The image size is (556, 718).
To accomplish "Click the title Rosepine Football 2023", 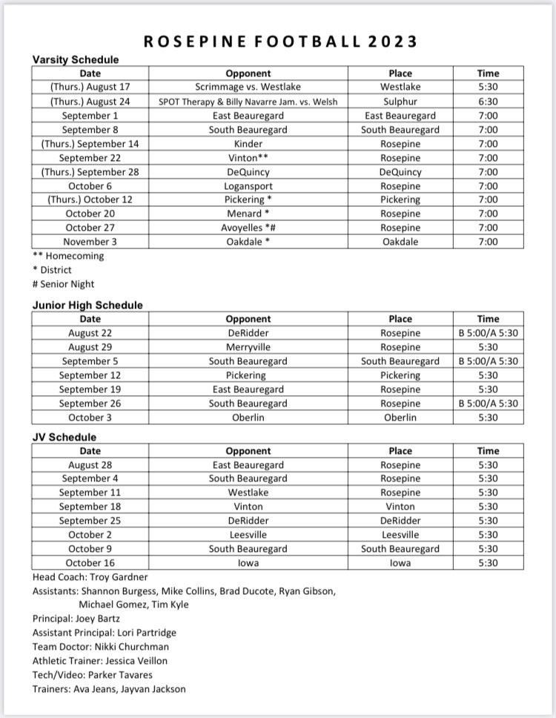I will coord(279,41).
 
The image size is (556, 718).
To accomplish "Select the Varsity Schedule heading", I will coord(75,59).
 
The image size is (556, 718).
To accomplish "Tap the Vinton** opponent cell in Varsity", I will coord(248,158).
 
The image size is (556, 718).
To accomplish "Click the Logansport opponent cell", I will coord(248,186).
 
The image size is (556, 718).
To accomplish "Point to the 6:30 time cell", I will coord(488,102).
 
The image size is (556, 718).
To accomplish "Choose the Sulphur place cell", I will coord(400,102).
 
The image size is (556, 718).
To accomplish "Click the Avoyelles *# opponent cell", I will coord(248,228).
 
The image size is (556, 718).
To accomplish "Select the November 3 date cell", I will coord(90,242).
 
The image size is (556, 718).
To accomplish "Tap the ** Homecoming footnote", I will coord(68,256).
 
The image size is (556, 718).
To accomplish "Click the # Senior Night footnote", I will coord(64,284).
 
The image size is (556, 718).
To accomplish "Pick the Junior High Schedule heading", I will coord(87,305).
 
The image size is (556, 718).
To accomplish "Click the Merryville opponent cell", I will coord(248,347).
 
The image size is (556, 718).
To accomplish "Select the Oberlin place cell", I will coord(400,418).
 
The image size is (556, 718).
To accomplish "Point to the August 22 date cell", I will coord(90,333).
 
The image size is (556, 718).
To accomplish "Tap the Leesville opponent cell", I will coord(248,535).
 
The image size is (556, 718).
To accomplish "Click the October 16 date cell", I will coord(90,563).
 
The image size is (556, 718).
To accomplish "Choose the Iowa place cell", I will coord(400,563).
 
